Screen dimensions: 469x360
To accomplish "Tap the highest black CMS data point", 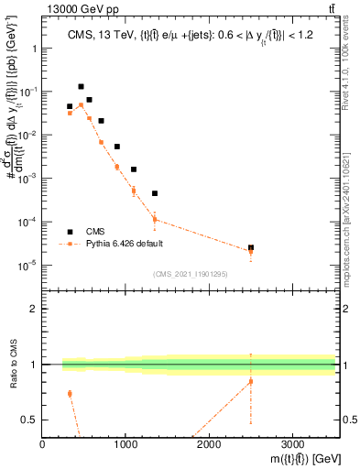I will (x=81, y=87).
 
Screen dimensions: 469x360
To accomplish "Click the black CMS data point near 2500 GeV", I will (x=251, y=247).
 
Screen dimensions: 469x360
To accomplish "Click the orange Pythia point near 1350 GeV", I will (x=155, y=219).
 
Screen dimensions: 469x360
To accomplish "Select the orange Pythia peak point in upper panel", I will (x=81, y=105).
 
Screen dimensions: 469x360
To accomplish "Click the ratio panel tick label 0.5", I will (x=29, y=420).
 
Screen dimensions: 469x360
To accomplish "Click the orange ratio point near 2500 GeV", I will (x=251, y=381).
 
